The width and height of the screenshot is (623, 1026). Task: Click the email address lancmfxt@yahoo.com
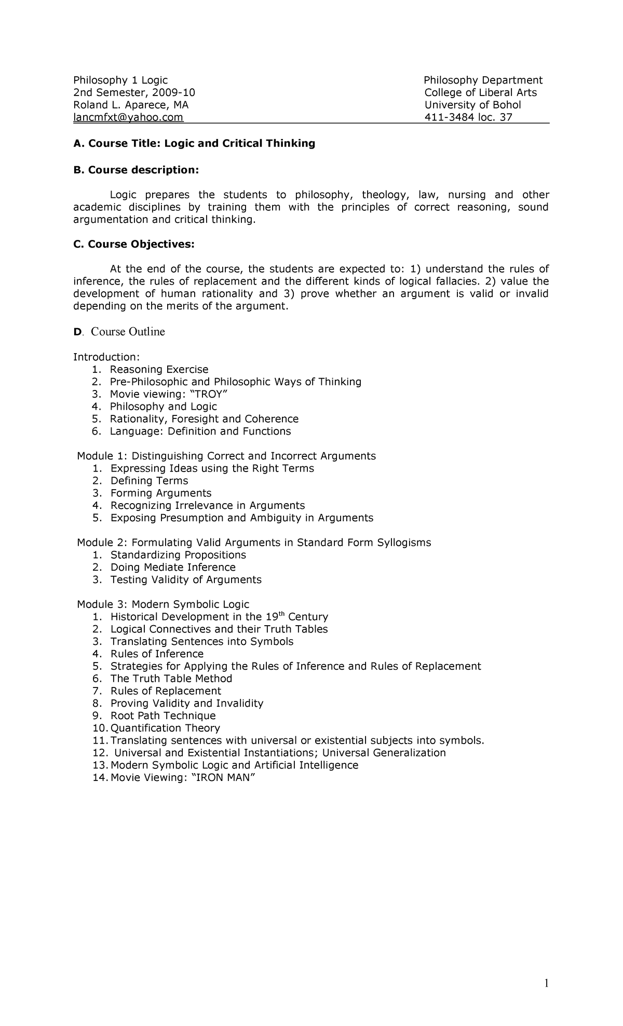[128, 117]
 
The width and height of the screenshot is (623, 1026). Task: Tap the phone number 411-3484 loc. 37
[468, 117]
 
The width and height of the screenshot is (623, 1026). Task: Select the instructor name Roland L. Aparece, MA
[131, 105]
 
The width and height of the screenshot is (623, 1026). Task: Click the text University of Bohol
[472, 105]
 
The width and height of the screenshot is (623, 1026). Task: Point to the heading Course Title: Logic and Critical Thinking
[194, 143]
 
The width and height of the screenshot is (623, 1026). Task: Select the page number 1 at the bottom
[546, 983]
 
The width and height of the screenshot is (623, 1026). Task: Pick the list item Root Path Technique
[163, 716]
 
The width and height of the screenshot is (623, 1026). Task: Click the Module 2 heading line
[254, 543]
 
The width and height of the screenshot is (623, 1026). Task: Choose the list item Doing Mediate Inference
[173, 568]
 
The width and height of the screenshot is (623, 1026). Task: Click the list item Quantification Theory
[165, 728]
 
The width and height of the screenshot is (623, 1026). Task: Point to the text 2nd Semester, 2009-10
[134, 92]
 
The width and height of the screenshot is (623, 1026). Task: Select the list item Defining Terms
[149, 481]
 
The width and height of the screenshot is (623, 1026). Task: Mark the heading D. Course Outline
[119, 332]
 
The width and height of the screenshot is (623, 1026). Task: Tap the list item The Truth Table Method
[171, 679]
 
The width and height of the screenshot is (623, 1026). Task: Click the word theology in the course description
[384, 195]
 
